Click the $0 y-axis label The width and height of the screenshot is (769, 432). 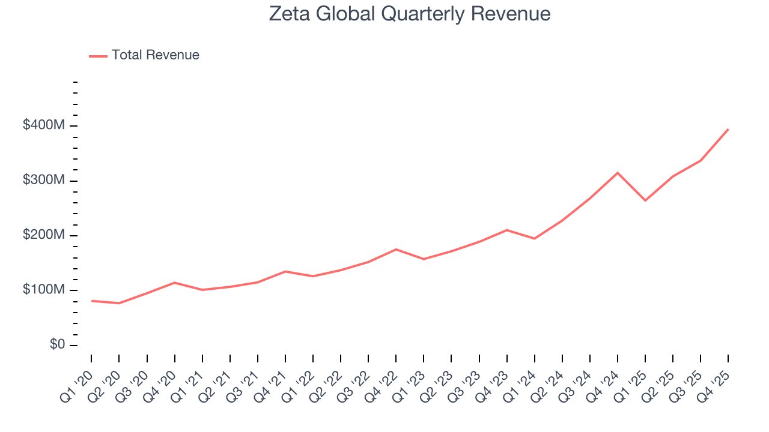(x=58, y=345)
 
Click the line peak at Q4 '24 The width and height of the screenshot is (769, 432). (x=618, y=173)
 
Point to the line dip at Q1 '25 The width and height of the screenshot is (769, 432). (x=645, y=200)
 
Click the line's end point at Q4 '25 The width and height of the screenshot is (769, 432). (x=728, y=129)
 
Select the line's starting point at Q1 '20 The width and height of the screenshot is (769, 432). (x=91, y=301)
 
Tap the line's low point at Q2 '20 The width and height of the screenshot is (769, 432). (x=119, y=303)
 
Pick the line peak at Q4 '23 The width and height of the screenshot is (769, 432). (x=507, y=230)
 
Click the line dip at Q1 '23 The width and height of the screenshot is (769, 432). (x=424, y=259)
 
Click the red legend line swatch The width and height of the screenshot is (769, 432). (x=98, y=56)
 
